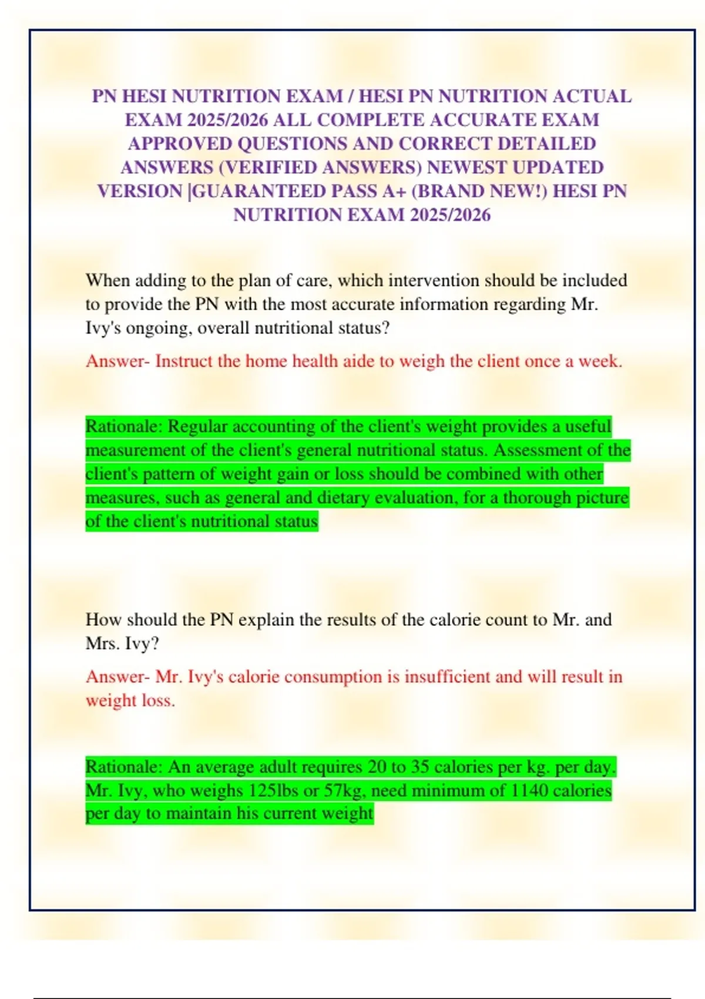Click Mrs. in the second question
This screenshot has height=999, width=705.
click(102, 643)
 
